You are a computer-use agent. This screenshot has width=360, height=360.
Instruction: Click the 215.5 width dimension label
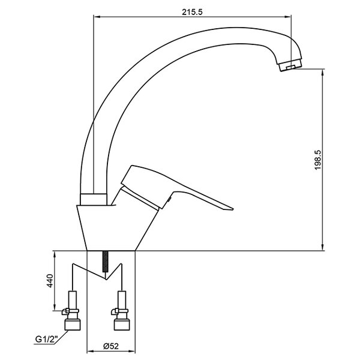193,12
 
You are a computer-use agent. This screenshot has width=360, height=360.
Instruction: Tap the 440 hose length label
50,281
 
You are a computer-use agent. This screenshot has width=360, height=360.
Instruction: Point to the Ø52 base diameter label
111,346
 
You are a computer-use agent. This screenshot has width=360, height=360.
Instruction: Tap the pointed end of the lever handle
233,209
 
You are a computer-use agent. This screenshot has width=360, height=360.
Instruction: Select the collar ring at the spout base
94,199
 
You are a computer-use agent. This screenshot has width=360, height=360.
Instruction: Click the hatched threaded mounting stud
106,262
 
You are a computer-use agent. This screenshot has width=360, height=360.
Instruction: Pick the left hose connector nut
73,325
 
